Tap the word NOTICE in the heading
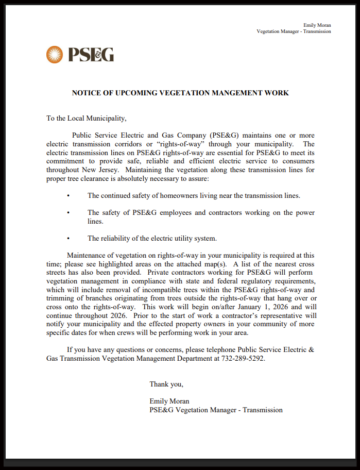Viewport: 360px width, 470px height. pyautogui.click(x=84, y=93)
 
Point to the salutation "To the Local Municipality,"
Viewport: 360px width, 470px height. pyautogui.click(x=86, y=118)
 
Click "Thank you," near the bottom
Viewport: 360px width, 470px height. pyautogui.click(x=166, y=384)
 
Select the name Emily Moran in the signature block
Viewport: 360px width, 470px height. pyautogui.click(x=169, y=401)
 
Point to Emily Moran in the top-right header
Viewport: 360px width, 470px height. pyautogui.click(x=317, y=25)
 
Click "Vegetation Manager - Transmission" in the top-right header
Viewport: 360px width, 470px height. pyautogui.click(x=294, y=31)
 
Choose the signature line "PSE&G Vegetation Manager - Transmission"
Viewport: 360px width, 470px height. pyautogui.click(x=216, y=410)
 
